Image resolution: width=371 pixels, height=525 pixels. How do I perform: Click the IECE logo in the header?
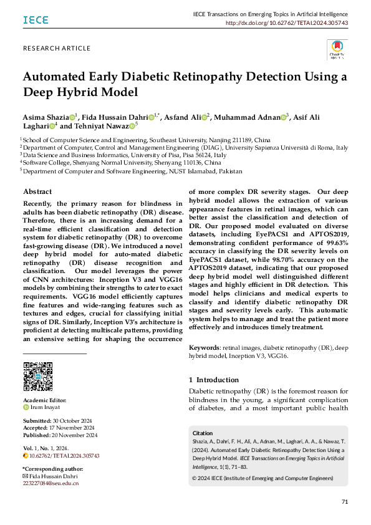pos(36,20)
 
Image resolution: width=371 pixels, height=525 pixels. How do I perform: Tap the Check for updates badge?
pos(337,49)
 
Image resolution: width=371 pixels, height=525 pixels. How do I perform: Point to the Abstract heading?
pos(37,191)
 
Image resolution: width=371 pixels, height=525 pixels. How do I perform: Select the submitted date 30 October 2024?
pos(73,420)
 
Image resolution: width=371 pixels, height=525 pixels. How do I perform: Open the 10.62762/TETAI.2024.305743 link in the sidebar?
pos(64,456)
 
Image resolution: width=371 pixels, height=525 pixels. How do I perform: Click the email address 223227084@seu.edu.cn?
pos(51,483)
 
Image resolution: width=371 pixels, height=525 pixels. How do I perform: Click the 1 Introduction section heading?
pos(213,380)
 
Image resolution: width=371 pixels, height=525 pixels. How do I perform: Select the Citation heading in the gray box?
pos(203,433)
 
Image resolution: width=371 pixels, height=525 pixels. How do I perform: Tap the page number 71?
pos(345,502)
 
